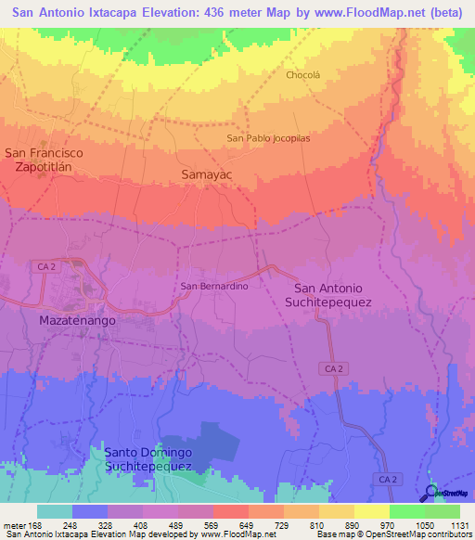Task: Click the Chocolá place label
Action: (302, 75)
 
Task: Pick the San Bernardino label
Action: (213, 287)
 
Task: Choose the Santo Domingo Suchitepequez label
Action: (148, 459)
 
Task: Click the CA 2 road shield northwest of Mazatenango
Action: (48, 266)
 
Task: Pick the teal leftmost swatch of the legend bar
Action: (55, 511)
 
